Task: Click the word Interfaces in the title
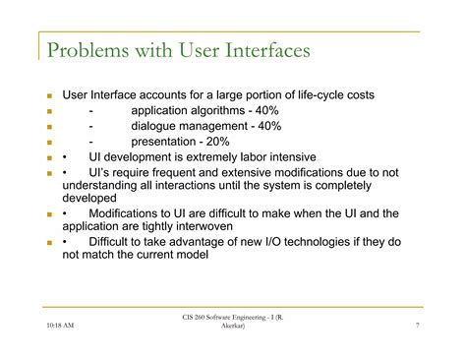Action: tap(260, 48)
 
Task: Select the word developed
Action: tap(90, 197)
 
